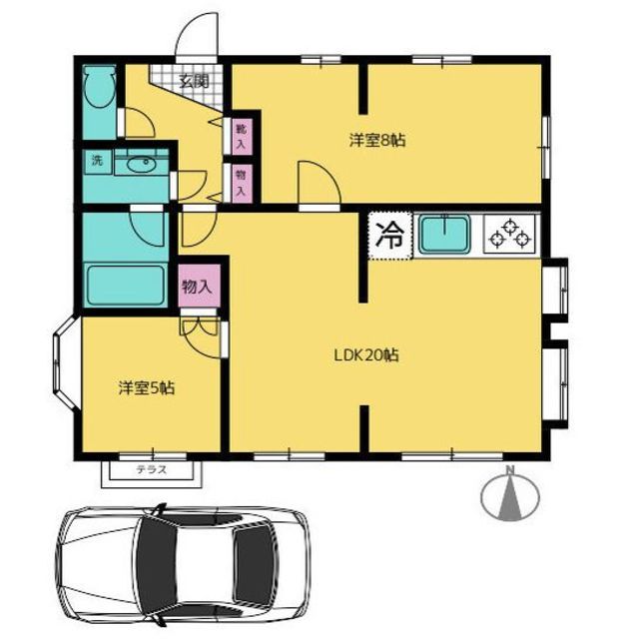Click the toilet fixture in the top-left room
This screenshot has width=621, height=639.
(x=99, y=87)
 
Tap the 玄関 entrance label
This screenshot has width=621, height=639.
(x=195, y=82)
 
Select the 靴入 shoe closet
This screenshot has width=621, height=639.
(x=242, y=137)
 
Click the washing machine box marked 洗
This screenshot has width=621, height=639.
(x=98, y=161)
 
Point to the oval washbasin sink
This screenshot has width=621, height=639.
(x=141, y=165)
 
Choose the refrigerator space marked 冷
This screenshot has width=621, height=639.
(x=390, y=236)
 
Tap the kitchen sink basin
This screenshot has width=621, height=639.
(x=444, y=234)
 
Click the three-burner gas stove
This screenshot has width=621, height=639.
(x=510, y=234)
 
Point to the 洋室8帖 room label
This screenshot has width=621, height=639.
(x=377, y=141)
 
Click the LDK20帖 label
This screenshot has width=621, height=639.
(x=366, y=355)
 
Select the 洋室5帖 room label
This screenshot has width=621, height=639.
(x=147, y=388)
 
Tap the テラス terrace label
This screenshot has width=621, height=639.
(x=152, y=470)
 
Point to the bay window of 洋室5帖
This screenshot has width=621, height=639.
(x=64, y=362)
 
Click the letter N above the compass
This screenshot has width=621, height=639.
(x=510, y=470)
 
